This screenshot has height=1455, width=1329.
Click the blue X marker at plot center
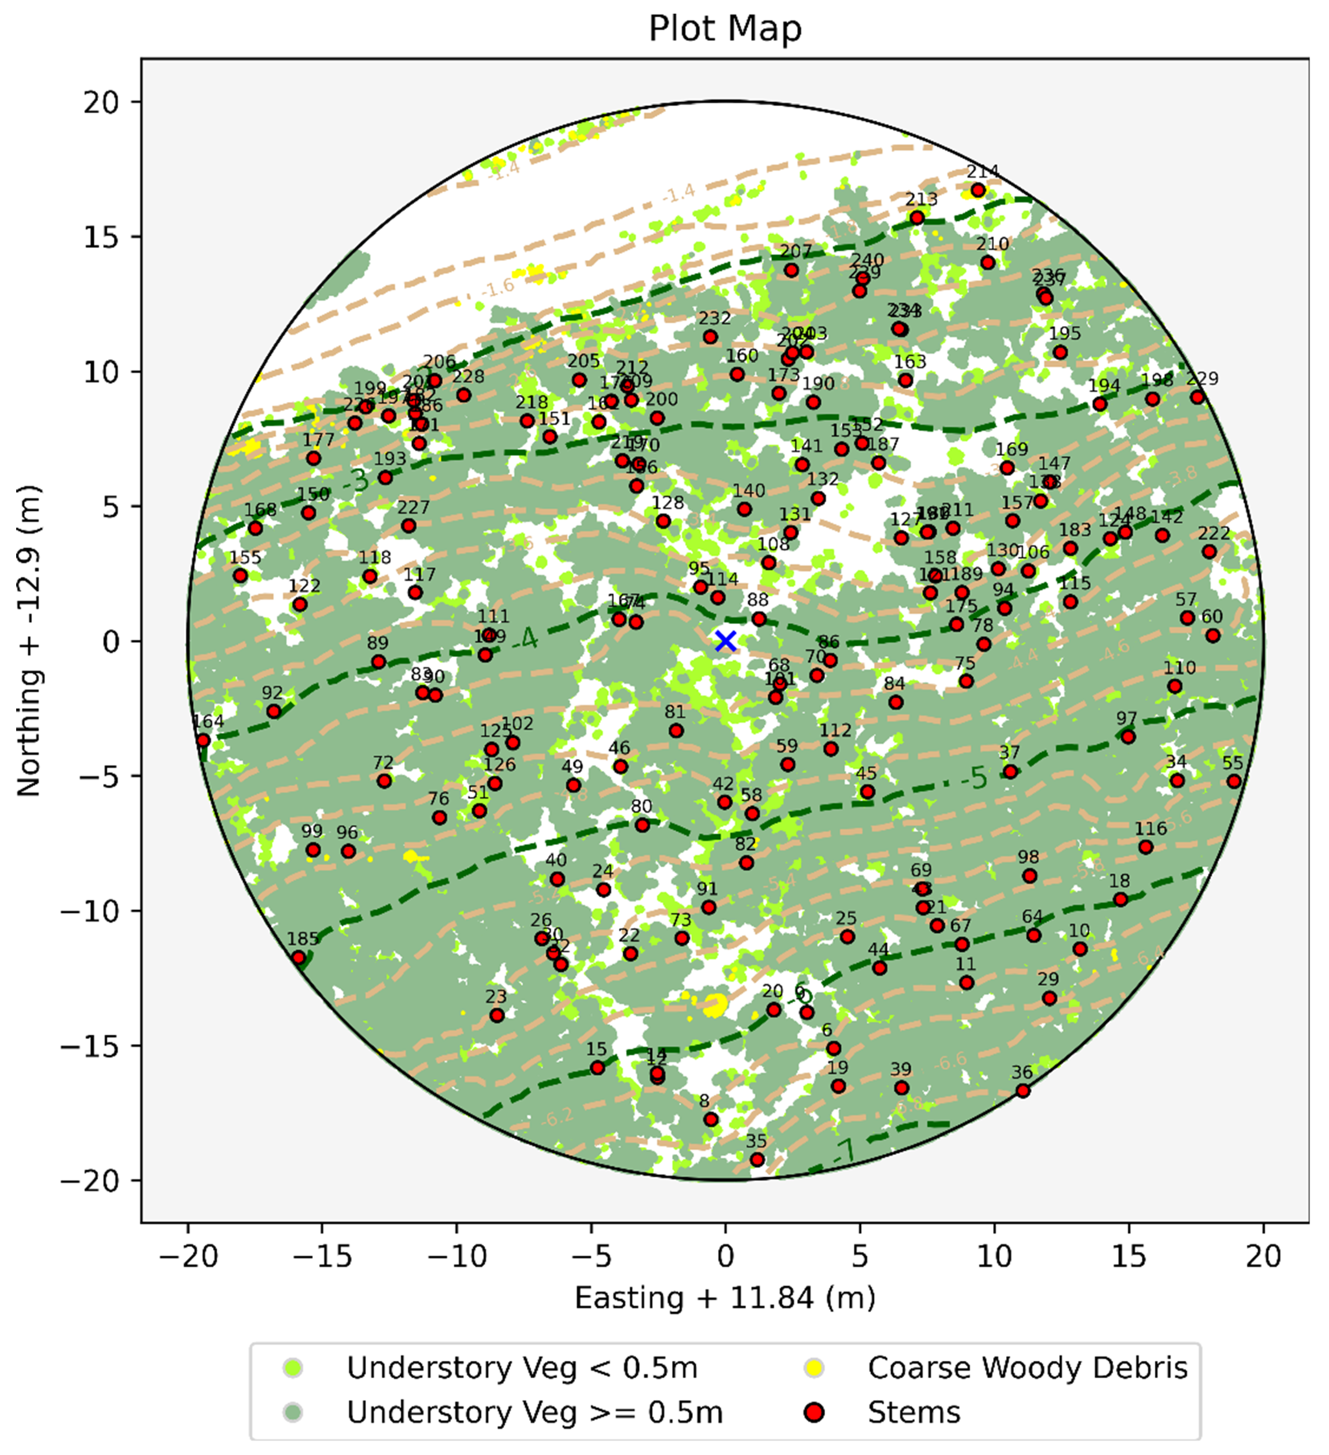point(725,641)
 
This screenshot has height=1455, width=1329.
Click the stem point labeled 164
point(203,740)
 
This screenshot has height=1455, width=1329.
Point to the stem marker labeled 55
point(1234,782)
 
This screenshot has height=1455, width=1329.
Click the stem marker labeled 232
point(710,337)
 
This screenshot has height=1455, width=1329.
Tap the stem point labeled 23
point(496,1016)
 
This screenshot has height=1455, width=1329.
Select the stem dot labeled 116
point(1146,847)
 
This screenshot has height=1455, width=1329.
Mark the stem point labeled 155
point(240,576)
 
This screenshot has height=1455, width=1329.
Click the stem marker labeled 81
point(676,731)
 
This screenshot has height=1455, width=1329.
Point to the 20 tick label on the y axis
point(101,102)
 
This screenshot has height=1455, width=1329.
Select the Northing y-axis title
point(29,641)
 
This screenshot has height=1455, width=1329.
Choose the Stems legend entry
point(913,1412)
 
